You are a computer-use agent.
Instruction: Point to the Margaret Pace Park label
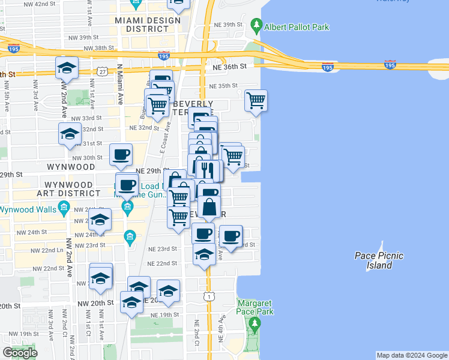[x=255, y=307]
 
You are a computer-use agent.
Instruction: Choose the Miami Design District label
[x=148, y=25]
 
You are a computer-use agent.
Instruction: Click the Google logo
[x=20, y=353]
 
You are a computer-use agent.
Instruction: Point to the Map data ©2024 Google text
[x=412, y=355]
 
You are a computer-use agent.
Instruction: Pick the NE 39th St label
[x=228, y=25]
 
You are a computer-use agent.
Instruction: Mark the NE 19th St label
[x=165, y=314]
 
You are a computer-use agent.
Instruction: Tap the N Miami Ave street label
[x=120, y=84]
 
